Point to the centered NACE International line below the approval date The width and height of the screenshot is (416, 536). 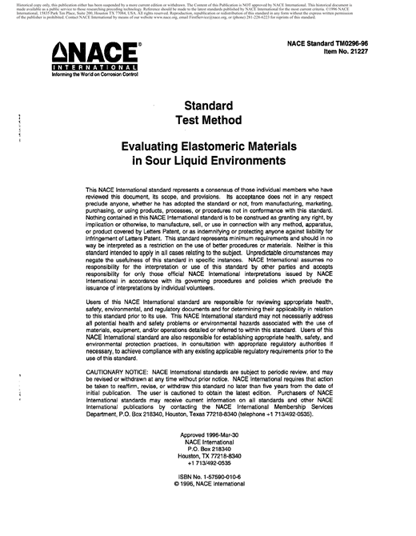(208, 465)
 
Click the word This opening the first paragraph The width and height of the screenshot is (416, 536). (93, 189)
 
